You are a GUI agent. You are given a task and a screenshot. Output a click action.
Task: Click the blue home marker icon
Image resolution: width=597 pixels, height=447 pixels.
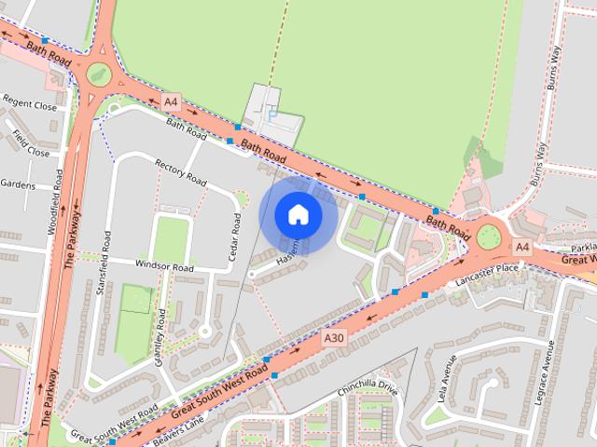pyautogui.click(x=298, y=215)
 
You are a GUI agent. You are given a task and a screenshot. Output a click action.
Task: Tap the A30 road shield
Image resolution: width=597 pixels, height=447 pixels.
pyautogui.click(x=335, y=337)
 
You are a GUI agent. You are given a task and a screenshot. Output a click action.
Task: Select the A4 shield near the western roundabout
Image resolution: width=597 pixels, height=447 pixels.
pyautogui.click(x=170, y=101)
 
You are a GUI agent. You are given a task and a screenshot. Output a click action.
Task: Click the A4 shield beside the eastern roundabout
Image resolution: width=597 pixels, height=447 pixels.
pyautogui.click(x=521, y=247)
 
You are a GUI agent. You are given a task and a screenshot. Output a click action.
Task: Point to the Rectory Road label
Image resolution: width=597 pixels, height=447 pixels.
pyautogui.click(x=180, y=171)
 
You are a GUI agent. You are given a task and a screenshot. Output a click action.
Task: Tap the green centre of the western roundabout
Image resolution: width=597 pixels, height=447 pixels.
pyautogui.click(x=97, y=73)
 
